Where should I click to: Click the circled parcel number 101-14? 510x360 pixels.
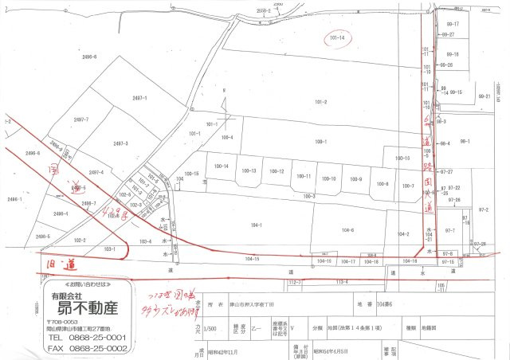point(337,38)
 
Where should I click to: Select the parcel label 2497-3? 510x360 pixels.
point(121,143)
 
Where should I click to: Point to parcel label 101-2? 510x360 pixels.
point(321,102)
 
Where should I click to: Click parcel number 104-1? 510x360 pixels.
point(257,225)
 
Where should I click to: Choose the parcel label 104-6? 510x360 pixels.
point(347,229)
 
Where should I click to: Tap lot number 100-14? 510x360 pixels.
point(222,166)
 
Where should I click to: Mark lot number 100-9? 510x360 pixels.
point(356,178)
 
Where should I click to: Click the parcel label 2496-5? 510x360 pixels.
point(42,237)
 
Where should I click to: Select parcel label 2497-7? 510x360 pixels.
point(80,119)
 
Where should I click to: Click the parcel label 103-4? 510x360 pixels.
point(145,241)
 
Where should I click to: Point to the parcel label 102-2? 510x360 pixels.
point(80,240)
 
